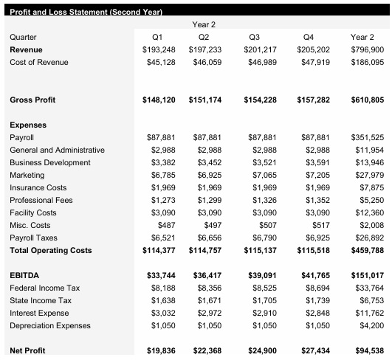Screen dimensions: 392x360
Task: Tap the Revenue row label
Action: pos(26,49)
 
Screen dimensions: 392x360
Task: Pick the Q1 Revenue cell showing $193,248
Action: pos(159,49)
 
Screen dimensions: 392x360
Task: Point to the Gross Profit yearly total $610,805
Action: pos(366,100)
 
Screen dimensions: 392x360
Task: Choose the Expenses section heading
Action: pos(27,125)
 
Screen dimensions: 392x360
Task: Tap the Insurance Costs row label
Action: pos(38,188)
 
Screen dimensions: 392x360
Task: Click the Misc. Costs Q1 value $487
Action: pos(166,225)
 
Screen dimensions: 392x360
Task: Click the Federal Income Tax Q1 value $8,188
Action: pos(163,288)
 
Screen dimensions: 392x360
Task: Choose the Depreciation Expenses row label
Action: pos(49,325)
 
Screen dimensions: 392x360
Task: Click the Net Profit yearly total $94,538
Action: pos(368,350)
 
